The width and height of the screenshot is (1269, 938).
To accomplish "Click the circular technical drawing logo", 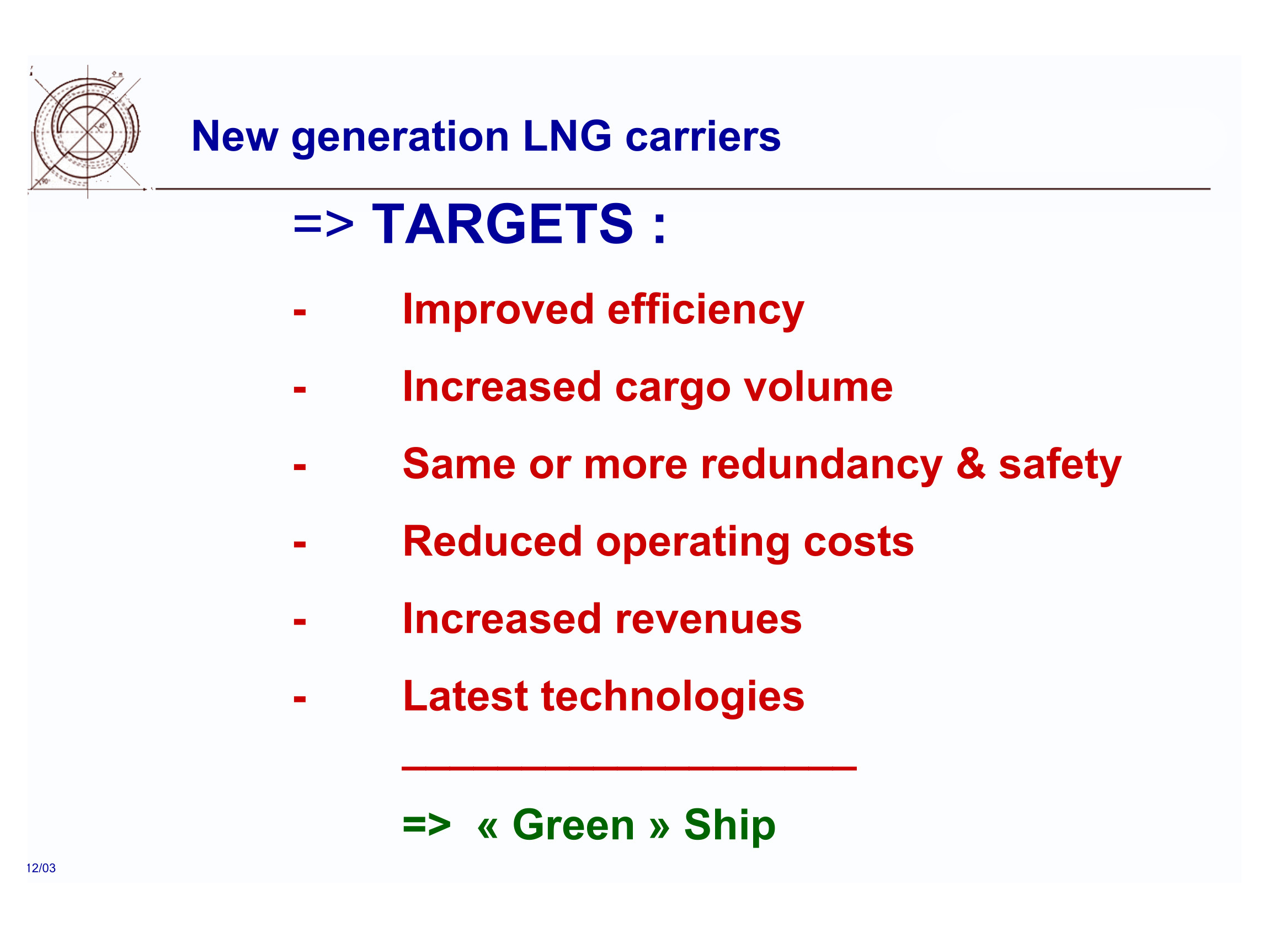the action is pyautogui.click(x=86, y=132).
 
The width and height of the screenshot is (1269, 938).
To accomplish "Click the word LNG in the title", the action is pyautogui.click(x=567, y=136).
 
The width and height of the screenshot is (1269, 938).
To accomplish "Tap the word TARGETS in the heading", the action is pyautogui.click(x=503, y=223).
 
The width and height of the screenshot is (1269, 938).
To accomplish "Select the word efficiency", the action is pyautogui.click(x=706, y=311).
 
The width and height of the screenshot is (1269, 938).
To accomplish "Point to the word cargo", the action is pyautogui.click(x=672, y=389).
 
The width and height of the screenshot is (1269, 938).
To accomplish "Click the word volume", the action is pyautogui.click(x=818, y=387).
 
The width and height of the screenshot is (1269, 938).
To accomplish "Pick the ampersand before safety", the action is pyautogui.click(x=971, y=464).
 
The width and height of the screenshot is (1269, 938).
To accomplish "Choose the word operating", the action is pyautogui.click(x=692, y=543).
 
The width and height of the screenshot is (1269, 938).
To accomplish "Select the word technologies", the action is pyautogui.click(x=673, y=698).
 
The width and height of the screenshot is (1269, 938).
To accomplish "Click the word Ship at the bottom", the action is pyautogui.click(x=729, y=826).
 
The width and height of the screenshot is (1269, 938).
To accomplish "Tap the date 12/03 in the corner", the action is pyautogui.click(x=41, y=868).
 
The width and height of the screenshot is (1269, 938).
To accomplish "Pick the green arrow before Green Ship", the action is pyautogui.click(x=426, y=825).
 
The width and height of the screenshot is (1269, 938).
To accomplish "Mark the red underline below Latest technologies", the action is pyautogui.click(x=629, y=768).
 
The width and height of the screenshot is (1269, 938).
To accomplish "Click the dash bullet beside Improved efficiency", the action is pyautogui.click(x=300, y=312).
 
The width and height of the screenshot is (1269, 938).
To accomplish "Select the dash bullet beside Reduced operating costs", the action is pyautogui.click(x=300, y=545).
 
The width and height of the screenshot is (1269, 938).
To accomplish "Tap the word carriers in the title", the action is pyautogui.click(x=703, y=137).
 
